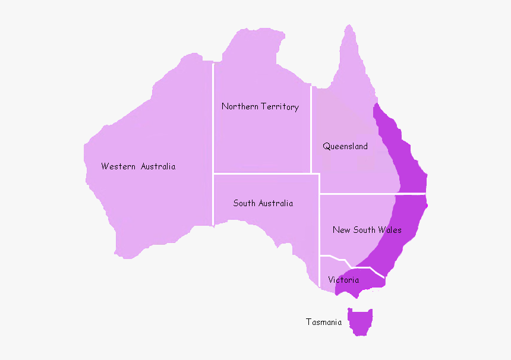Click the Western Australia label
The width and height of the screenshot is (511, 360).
(x=138, y=166)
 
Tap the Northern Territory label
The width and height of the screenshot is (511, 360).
(x=260, y=107)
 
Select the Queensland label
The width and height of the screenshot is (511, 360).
(x=345, y=146)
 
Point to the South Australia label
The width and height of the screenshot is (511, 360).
(x=263, y=203)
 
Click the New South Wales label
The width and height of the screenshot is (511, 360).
(x=367, y=230)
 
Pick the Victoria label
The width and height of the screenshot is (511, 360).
(x=343, y=280)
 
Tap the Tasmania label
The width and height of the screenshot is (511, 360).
(x=324, y=322)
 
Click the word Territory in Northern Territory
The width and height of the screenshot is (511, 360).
(x=280, y=107)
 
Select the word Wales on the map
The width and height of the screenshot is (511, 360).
(x=390, y=230)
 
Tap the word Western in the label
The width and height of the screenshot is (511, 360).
(x=118, y=166)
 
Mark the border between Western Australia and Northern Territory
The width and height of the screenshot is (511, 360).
(x=213, y=119)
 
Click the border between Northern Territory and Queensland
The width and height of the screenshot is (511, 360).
(x=311, y=131)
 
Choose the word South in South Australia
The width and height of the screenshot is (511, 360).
(x=244, y=203)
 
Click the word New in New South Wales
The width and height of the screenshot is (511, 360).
(x=341, y=230)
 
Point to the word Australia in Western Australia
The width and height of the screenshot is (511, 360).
(x=157, y=166)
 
